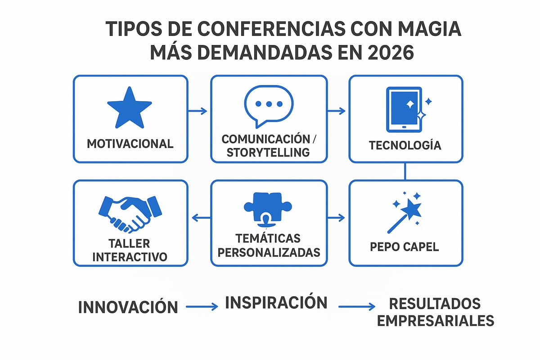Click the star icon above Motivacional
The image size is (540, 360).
click(x=130, y=108)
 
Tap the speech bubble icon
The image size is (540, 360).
click(x=268, y=106)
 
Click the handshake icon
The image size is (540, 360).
click(x=130, y=212)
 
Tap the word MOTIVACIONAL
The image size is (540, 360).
click(x=130, y=144)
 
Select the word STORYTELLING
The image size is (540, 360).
click(x=268, y=152)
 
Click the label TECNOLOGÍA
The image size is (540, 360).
click(x=405, y=145)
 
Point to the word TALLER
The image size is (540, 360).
click(x=129, y=243)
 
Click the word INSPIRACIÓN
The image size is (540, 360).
click(x=276, y=302)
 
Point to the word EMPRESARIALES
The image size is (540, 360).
click(x=435, y=320)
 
